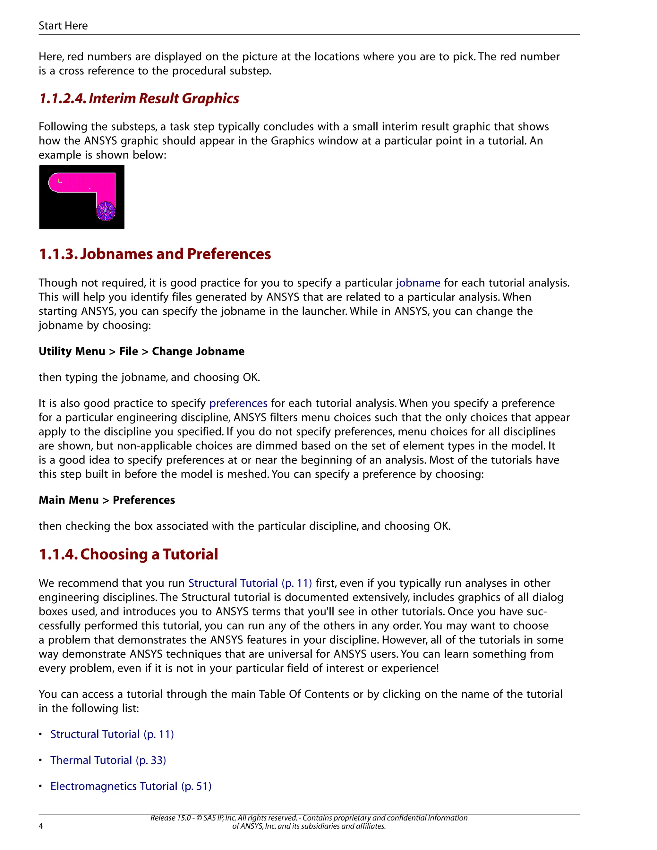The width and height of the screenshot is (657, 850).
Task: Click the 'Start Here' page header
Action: (x=63, y=26)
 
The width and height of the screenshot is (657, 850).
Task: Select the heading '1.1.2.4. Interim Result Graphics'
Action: (x=139, y=98)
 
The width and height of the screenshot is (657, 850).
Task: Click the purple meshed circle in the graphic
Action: (x=106, y=211)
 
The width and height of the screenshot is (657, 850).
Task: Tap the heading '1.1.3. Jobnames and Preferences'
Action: (x=155, y=254)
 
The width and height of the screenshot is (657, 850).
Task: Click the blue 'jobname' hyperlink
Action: (x=418, y=283)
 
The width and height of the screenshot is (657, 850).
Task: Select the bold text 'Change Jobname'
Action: (x=198, y=352)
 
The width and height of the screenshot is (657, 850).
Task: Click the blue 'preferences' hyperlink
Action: (x=238, y=403)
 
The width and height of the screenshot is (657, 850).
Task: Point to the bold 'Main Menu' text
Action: (x=69, y=500)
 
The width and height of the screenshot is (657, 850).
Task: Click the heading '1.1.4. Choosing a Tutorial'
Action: (x=128, y=554)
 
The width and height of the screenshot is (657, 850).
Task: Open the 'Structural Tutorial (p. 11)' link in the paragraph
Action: (x=250, y=583)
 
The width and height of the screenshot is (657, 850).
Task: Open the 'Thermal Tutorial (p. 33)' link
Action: (x=108, y=760)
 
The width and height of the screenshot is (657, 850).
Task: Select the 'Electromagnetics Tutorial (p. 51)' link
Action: (x=131, y=786)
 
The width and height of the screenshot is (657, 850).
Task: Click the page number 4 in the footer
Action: (x=41, y=826)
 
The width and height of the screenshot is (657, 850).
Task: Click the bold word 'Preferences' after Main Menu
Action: (x=144, y=500)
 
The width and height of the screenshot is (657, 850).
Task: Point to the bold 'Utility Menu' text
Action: (x=72, y=352)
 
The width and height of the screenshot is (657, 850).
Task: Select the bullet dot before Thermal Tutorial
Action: (x=40, y=760)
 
